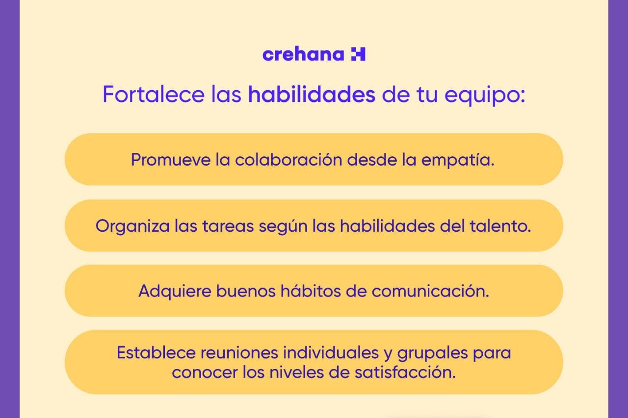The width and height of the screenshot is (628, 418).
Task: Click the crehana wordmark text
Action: pos(303,54)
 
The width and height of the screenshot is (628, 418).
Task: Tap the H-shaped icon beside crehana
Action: pos(358,54)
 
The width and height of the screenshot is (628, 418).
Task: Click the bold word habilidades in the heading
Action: pos(312,94)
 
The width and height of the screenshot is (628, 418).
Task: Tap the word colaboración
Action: pos(288,160)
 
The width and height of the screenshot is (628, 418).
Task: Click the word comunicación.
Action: pos(430,291)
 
